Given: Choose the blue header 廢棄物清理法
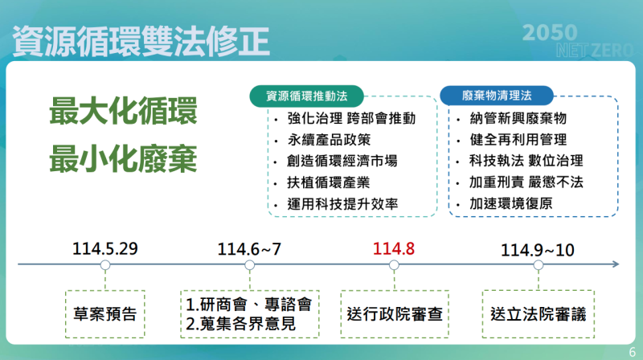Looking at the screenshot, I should [497, 95].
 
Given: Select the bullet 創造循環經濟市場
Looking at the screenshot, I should [342, 161].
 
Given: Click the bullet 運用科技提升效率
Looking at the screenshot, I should [342, 204].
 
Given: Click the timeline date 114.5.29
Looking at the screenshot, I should [105, 247].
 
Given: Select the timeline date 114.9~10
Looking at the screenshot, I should [537, 247].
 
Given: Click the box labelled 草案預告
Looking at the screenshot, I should [105, 311].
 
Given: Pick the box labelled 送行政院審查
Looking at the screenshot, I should [395, 311].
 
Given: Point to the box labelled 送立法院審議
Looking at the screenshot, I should [538, 311].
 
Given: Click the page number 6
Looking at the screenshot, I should [631, 350].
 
